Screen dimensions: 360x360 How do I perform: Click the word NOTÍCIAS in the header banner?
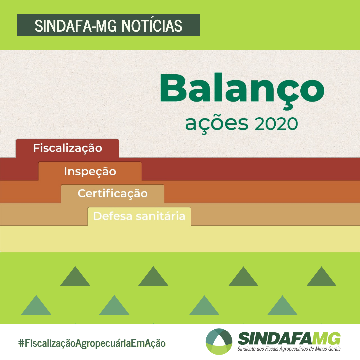(x=152, y=25)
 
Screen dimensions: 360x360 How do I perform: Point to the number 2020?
(x=276, y=124)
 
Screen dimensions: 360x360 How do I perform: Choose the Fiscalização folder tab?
(x=67, y=148)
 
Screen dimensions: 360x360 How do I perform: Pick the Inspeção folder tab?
(x=90, y=171)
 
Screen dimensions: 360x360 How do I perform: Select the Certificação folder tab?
(x=113, y=194)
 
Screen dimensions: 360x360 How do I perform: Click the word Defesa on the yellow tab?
(x=113, y=216)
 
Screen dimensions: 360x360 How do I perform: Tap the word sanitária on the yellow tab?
(x=160, y=216)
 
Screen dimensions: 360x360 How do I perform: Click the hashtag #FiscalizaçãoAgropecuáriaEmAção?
(x=92, y=343)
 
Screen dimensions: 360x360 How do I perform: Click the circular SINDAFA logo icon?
(x=219, y=341)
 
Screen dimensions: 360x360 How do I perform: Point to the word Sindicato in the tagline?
(x=246, y=349)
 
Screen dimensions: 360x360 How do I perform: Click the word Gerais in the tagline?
(x=335, y=349)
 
